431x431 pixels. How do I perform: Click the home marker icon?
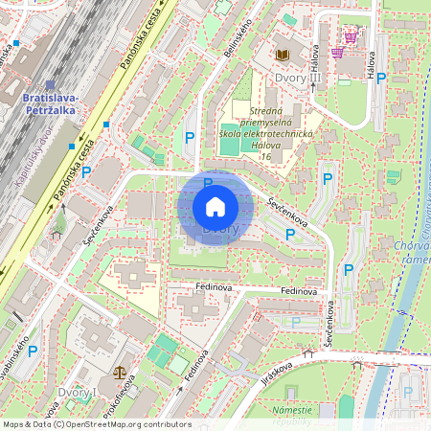point(215,206)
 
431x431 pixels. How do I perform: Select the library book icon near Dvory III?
point(283,56)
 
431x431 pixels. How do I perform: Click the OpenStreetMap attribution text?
point(96,424)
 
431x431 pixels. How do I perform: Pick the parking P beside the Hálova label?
point(381,78)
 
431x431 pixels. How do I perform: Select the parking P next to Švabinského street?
point(32,352)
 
